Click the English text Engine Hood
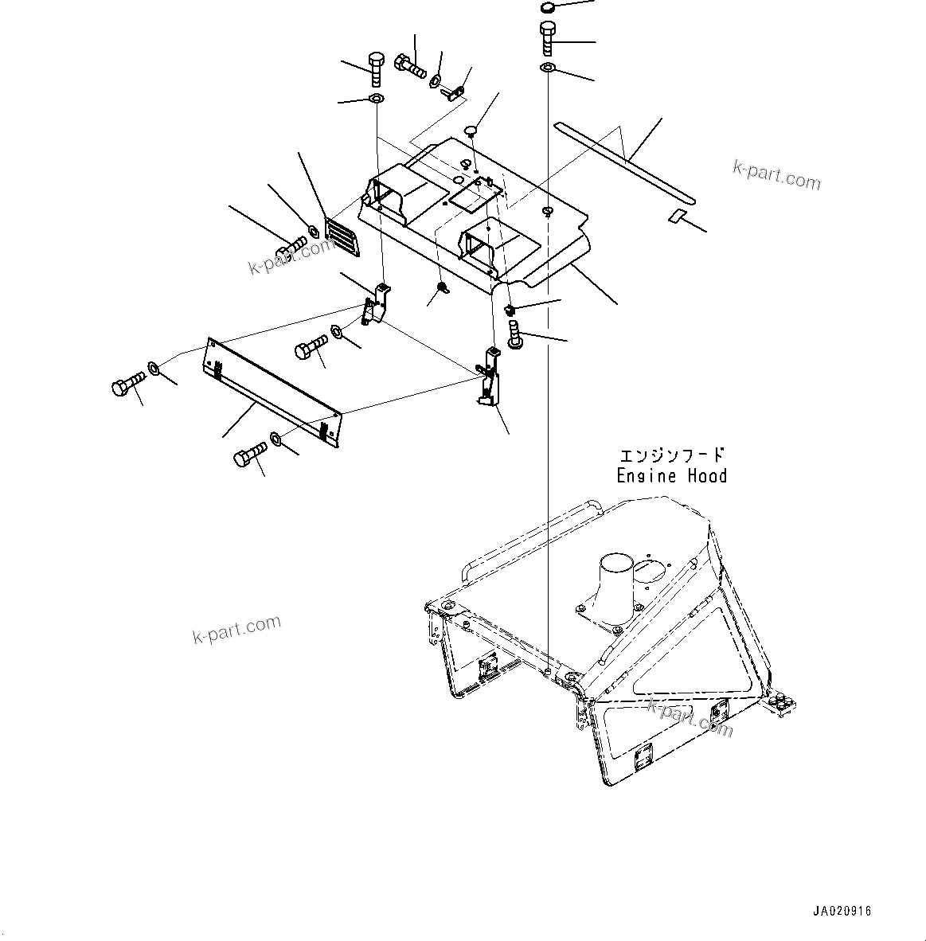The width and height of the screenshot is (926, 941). click(671, 476)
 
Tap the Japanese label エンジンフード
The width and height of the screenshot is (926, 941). click(672, 455)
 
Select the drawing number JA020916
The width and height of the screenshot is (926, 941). click(842, 911)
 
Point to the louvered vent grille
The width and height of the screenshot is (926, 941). click(343, 238)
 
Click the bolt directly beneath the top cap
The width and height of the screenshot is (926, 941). click(548, 37)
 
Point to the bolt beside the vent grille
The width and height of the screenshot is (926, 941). click(290, 248)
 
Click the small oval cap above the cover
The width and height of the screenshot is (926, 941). click(471, 130)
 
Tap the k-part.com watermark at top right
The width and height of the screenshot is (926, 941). click(776, 175)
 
